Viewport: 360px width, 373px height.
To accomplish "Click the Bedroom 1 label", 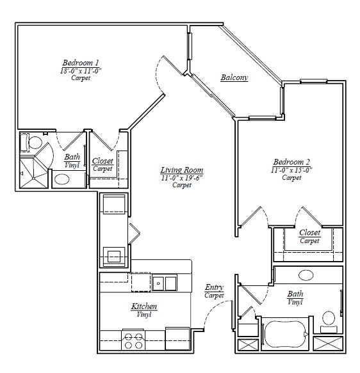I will point(80,63).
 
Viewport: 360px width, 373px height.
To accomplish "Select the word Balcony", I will point(234,77).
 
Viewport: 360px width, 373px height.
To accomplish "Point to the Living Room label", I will point(181,170).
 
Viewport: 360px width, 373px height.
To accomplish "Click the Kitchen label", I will point(144,306).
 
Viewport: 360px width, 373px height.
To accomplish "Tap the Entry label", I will point(214,287).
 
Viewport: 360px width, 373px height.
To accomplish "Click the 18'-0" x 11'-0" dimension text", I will point(80,70).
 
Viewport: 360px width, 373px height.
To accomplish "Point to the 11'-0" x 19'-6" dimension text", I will point(181,177).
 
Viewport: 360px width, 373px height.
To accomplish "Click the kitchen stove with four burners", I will point(133,340).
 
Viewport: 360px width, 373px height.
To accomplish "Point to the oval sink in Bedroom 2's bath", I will point(306,274).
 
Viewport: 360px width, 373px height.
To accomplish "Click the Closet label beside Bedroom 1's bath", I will point(102,161).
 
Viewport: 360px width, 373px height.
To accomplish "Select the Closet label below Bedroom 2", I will point(309,233).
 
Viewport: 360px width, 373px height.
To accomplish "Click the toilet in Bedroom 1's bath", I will point(34,141).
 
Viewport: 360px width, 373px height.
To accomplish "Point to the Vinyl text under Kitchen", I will point(144,315).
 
